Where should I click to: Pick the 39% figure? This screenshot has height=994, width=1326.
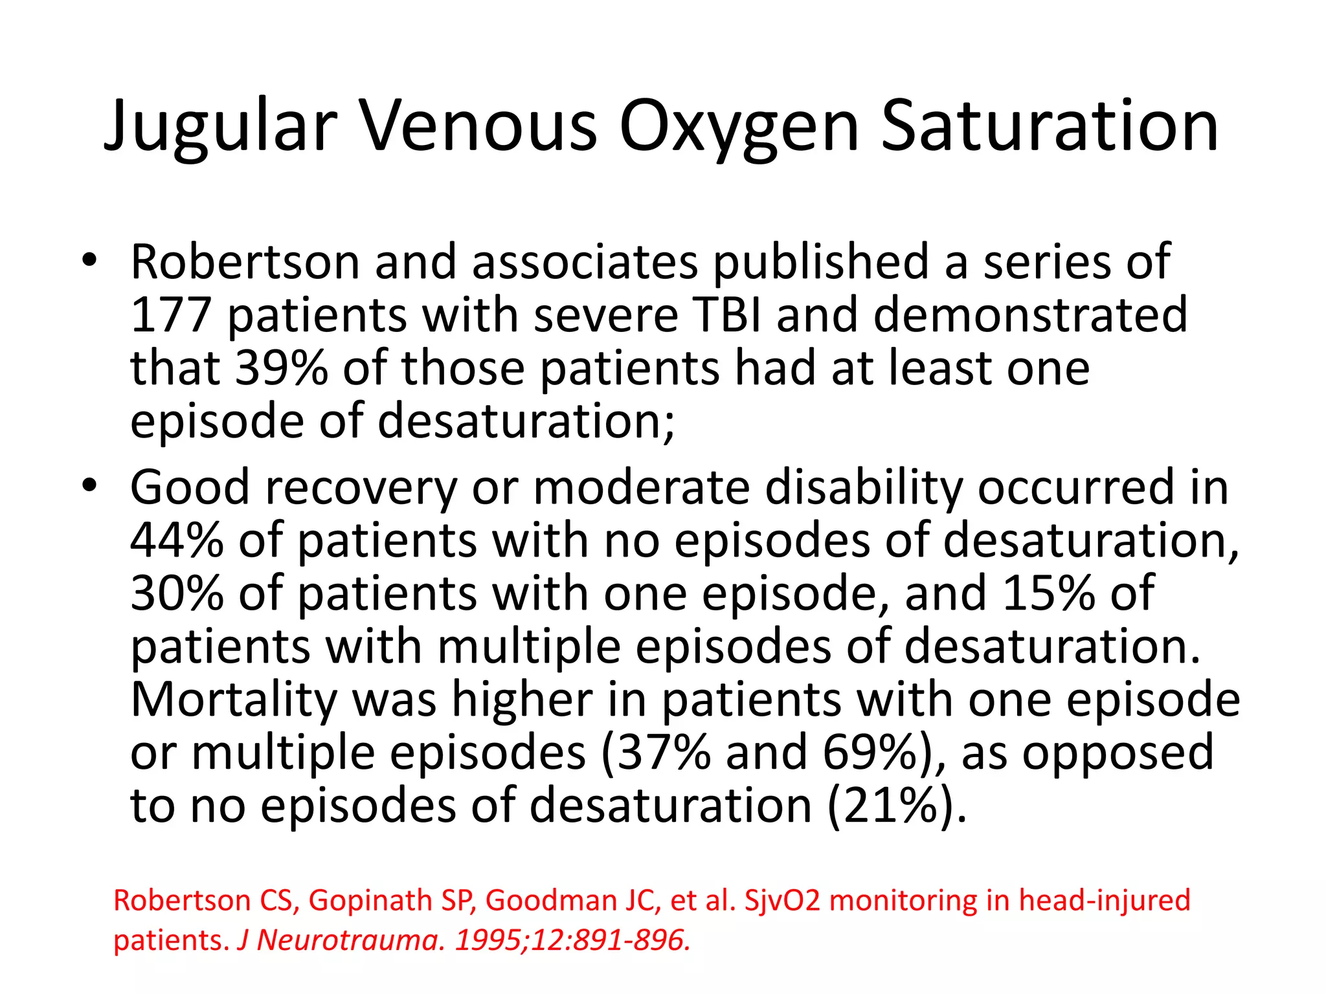(281, 368)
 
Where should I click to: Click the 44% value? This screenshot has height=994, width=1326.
(177, 540)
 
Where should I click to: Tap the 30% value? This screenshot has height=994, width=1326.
(177, 593)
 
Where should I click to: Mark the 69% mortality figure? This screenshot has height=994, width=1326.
(871, 753)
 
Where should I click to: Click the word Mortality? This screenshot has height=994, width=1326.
(234, 700)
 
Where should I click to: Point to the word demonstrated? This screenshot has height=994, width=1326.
(1030, 315)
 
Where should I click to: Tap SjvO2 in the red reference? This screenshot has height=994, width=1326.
(782, 900)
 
